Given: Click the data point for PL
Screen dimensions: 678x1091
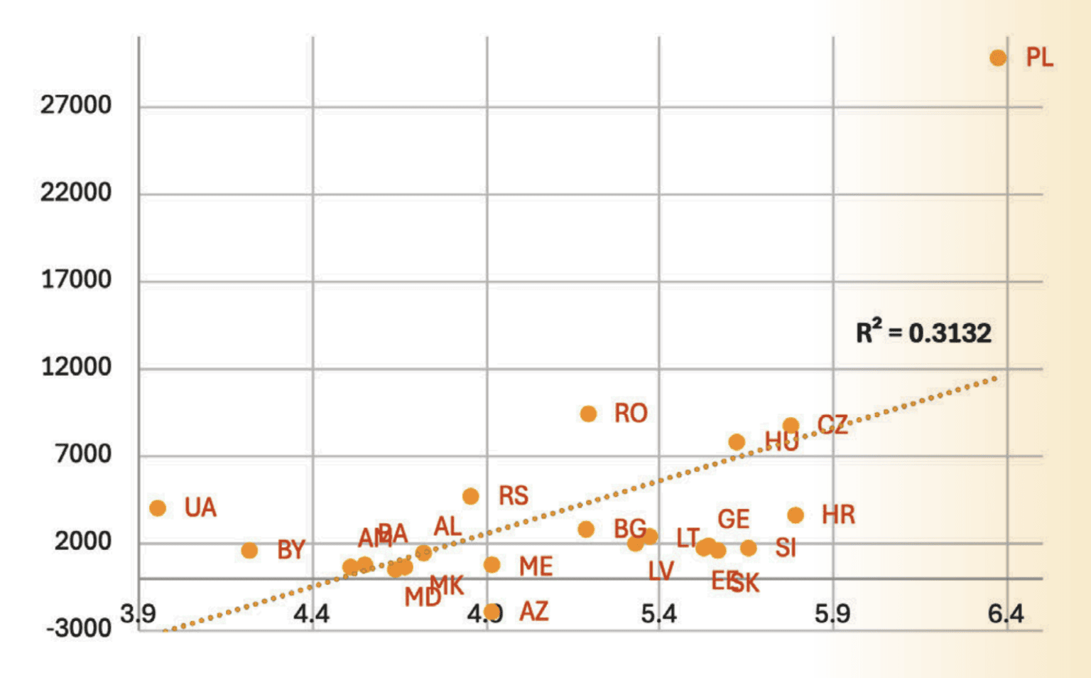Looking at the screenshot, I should point(998,58).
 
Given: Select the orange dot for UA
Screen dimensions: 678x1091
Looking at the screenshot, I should point(158,507).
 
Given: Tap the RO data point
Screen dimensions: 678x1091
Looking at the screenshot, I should point(588,414).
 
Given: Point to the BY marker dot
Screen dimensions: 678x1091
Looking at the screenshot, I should point(249,550).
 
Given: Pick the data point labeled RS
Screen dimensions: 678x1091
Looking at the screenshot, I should point(470,496).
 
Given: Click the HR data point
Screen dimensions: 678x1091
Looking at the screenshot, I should point(796,515).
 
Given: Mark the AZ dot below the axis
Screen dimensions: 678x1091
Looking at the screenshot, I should point(492,611).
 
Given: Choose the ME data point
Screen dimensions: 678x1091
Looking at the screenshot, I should point(492,564).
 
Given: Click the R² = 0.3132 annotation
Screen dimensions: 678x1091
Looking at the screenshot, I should point(923,333).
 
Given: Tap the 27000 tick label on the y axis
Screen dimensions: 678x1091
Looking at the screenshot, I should point(76,105).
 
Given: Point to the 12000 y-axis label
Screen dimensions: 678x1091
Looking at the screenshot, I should point(76,367).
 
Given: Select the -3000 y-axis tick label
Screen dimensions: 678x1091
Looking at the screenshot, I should point(79,628).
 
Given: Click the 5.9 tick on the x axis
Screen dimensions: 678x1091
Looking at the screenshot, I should point(832,613).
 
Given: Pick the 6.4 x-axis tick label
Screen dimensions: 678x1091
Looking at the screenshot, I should point(1006,613).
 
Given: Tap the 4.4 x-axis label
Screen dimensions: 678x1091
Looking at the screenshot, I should point(312,613).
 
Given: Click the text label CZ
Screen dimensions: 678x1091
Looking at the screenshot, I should point(832,425).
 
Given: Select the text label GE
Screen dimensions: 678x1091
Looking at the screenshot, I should point(734,520).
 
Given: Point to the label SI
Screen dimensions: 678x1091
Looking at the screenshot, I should point(786,548).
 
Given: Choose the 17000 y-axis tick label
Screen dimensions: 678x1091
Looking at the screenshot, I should point(76,279).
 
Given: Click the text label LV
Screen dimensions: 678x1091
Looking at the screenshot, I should point(661,571).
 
